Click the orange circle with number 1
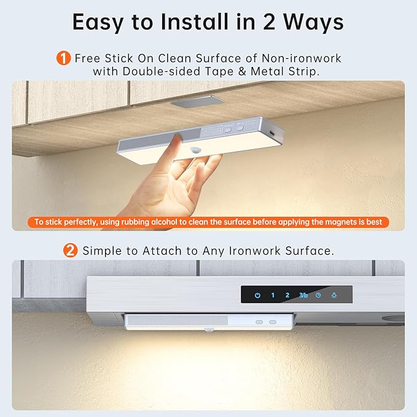click(63, 58)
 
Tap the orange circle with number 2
click(70, 251)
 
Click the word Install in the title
click(195, 22)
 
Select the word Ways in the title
click(313, 22)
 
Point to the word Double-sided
click(161, 71)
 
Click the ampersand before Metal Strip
click(242, 71)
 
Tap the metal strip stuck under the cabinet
click(197, 102)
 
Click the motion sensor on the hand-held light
click(196, 150)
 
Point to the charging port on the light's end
click(272, 133)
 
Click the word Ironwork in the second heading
click(254, 251)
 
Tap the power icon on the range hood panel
click(257, 295)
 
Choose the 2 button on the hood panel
click(287, 295)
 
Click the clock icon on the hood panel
click(318, 295)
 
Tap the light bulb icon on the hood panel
click(334, 295)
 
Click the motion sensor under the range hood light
click(209, 330)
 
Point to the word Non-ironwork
click(302, 58)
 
